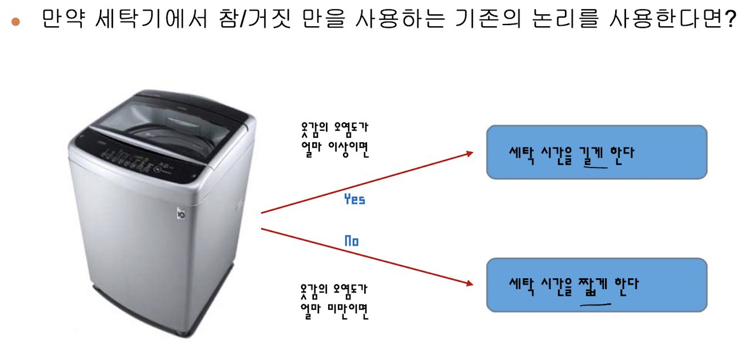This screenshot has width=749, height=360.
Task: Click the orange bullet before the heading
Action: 16,22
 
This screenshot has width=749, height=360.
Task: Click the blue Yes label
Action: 354,199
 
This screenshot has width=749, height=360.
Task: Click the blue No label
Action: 352,241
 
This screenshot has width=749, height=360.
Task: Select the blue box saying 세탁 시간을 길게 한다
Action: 596,152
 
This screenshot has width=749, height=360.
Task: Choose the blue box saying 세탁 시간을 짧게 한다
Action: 596,285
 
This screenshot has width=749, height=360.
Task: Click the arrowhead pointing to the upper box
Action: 469,153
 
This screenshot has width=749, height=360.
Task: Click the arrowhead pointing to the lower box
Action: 469,283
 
